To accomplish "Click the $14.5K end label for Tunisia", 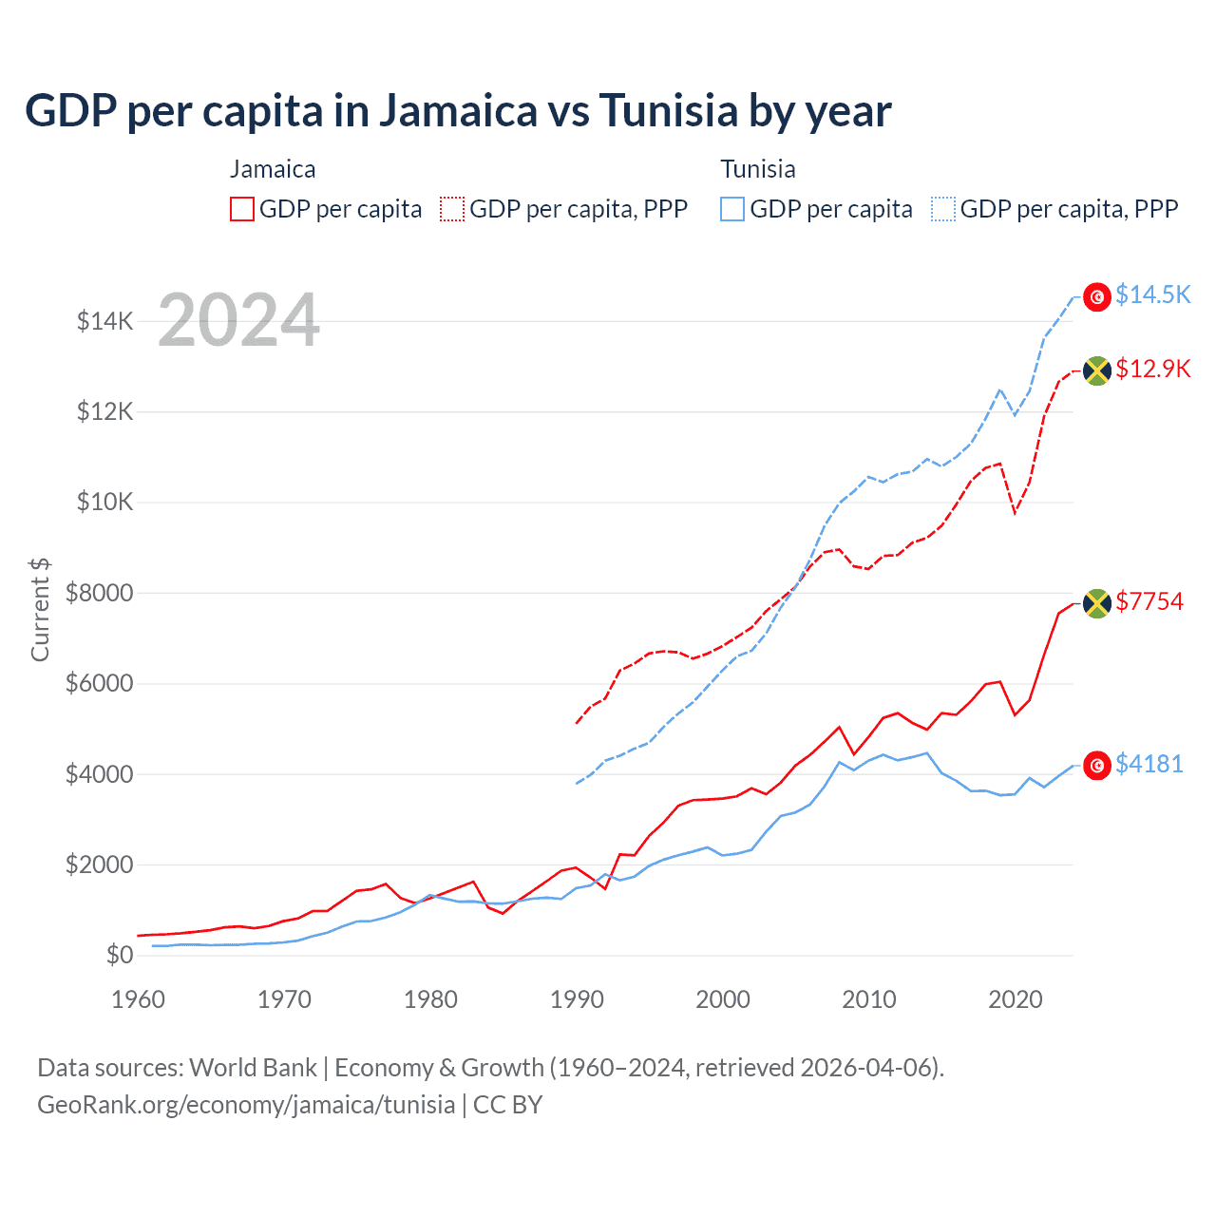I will (x=1152, y=295).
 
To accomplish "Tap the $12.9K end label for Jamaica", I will (x=1152, y=369).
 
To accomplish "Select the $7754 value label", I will (x=1149, y=601).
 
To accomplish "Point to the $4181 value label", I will (x=1149, y=764).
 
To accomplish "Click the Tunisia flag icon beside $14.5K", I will (x=1097, y=296).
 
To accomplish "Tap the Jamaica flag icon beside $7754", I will (x=1097, y=603).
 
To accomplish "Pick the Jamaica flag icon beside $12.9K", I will (x=1097, y=370).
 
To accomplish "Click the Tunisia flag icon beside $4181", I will (x=1097, y=766).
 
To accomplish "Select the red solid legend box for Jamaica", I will (x=242, y=209).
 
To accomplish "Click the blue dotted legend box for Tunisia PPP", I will (x=943, y=209).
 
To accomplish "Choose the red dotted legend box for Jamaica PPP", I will (x=453, y=209).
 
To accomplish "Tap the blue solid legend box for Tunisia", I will (x=732, y=209).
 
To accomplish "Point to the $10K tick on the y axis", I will (x=105, y=502).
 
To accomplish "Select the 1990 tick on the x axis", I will (x=577, y=999).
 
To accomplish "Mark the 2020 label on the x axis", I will (x=1016, y=999).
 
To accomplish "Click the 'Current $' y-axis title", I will (x=40, y=610).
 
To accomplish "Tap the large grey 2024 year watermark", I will (x=238, y=320).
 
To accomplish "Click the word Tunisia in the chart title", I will (x=668, y=111).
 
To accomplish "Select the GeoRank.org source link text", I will (x=246, y=1105).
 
